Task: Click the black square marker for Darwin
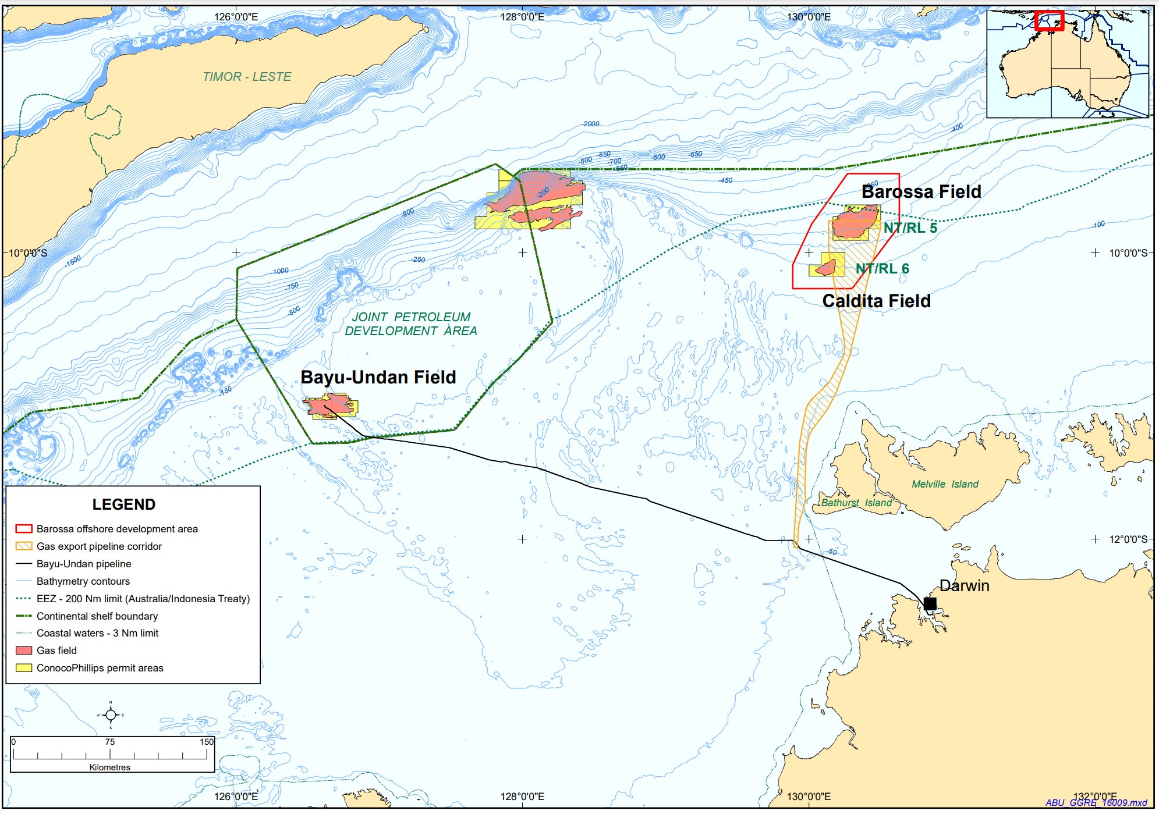pos(930,603)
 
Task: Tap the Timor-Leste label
pos(247,77)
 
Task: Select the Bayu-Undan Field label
pos(378,377)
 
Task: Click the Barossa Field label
pos(921,191)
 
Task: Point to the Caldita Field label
pos(876,301)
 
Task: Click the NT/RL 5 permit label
pos(910,228)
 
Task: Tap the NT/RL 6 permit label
pos(882,268)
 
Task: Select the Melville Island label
pos(944,484)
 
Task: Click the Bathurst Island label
pos(856,503)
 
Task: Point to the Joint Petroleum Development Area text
pos(410,324)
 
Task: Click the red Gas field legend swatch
pos(24,651)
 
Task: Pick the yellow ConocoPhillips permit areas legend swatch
pos(24,668)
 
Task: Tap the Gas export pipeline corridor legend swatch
pos(24,546)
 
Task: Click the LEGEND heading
pos(123,504)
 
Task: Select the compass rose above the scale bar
pos(111,715)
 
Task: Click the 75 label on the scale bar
pos(110,742)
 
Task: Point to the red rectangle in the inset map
pos(1049,20)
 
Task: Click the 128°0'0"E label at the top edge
pos(522,17)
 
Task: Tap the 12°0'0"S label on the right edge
pos(1128,539)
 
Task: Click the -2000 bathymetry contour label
pos(590,124)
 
